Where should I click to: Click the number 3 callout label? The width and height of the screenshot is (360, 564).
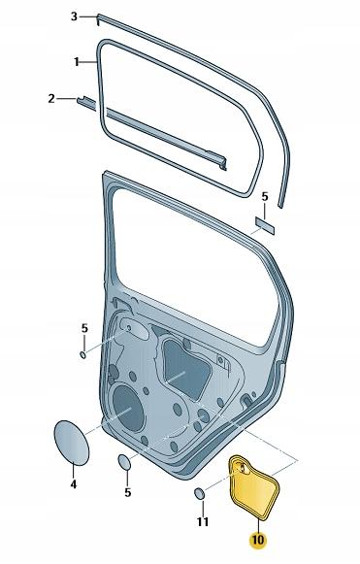pyautogui.click(x=74, y=17)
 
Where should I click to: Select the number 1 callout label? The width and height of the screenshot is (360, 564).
pyautogui.click(x=77, y=61)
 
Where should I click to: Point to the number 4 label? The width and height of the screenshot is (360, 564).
pyautogui.click(x=74, y=483)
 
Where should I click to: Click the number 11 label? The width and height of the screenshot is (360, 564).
pyautogui.click(x=203, y=522)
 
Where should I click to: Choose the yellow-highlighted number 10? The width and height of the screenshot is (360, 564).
pyautogui.click(x=256, y=540)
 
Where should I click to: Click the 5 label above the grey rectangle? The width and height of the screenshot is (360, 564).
pyautogui.click(x=265, y=197)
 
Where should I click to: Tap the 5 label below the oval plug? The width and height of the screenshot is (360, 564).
pyautogui.click(x=127, y=492)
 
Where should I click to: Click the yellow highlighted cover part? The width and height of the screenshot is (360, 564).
pyautogui.click(x=256, y=490)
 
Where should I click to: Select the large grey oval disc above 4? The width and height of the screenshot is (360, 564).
pyautogui.click(x=70, y=443)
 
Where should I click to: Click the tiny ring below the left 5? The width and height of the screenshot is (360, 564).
pyautogui.click(x=84, y=353)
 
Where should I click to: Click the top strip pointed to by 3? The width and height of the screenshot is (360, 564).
pyautogui.click(x=184, y=29)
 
